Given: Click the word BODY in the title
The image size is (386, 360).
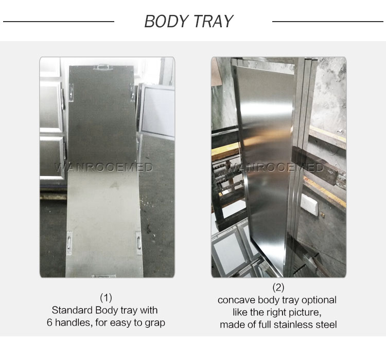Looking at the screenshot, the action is (x=166, y=21).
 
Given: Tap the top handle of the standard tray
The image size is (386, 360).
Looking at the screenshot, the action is (x=102, y=67).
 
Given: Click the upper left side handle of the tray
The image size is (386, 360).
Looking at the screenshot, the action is (x=71, y=93).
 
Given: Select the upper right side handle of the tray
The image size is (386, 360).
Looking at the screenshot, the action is (x=132, y=93).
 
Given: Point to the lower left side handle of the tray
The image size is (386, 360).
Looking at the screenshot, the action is (x=69, y=243).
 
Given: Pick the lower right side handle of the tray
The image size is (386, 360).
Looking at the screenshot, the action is (x=139, y=243).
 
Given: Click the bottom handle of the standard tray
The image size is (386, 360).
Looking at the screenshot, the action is (x=103, y=276).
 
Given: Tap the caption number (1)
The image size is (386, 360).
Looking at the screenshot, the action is (x=106, y=298).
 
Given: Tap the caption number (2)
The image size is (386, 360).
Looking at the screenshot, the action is (x=278, y=287).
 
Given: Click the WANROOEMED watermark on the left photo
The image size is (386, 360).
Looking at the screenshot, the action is (x=103, y=168).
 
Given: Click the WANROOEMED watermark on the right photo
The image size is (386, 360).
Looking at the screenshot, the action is (x=274, y=168).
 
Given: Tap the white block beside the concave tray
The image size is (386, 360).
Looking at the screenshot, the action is (x=309, y=205).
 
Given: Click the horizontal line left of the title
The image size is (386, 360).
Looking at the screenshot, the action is (x=59, y=22).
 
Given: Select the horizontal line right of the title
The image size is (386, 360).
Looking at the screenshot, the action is (x=328, y=22).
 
